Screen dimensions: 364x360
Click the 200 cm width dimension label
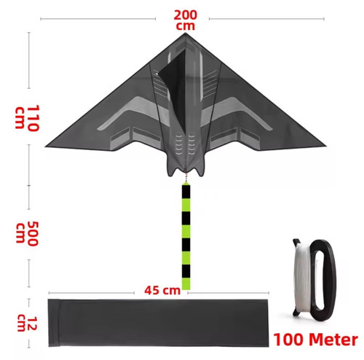185,20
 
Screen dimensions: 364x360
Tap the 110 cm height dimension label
27,118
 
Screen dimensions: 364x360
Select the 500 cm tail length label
27,233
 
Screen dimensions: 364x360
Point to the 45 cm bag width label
162,290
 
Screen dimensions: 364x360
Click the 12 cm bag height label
27,324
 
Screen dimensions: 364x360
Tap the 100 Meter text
315,340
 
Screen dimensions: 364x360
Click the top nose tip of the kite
186,33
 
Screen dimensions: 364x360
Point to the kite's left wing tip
46,146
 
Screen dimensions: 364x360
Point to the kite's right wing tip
325,146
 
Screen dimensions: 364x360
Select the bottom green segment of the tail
186,283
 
